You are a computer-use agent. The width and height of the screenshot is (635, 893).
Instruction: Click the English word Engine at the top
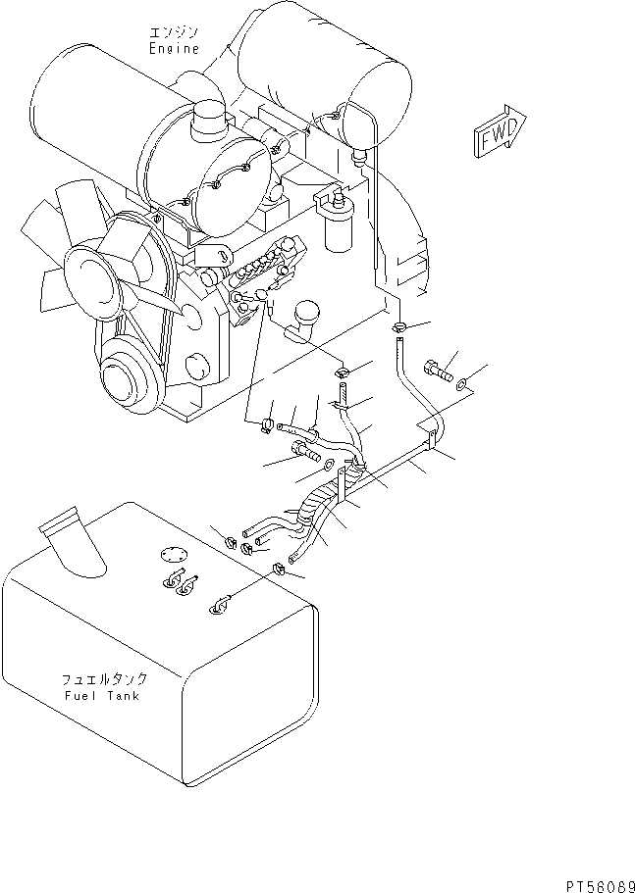coord(174,48)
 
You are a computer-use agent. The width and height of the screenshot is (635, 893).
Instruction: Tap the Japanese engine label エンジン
coord(174,31)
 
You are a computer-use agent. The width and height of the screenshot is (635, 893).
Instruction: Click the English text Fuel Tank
coord(101,696)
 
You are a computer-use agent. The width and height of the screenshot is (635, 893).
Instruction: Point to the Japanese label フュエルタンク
coord(104,679)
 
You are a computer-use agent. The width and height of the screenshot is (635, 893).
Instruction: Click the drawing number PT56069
coord(600,886)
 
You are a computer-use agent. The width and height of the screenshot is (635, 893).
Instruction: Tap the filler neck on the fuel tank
coord(72,538)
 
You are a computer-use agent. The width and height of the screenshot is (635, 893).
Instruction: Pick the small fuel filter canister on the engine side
coord(337,224)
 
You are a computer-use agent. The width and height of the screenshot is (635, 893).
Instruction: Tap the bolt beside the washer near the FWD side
coord(438,372)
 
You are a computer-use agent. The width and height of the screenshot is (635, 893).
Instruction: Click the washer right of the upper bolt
coord(462,385)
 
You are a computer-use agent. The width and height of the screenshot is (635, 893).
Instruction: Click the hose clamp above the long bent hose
coord(399,327)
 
